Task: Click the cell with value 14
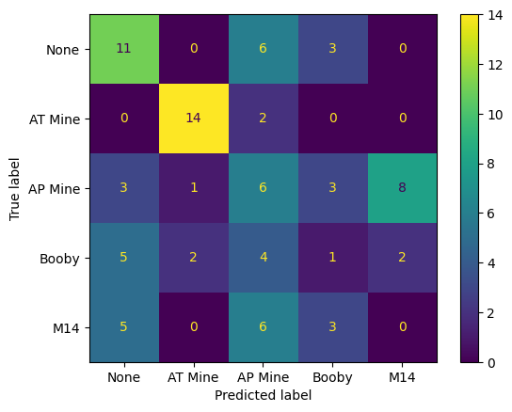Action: point(194,119)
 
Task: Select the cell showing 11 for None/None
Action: point(124,49)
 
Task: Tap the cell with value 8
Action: point(403,188)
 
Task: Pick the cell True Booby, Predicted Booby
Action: point(333,258)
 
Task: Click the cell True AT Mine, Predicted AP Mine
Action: point(264,119)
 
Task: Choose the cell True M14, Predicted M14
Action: point(403,327)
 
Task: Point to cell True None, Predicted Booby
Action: point(333,49)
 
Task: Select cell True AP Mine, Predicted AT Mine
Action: point(194,188)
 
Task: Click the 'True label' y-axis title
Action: point(15,188)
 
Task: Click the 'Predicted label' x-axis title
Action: point(264,396)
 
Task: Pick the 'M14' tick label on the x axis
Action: point(403,377)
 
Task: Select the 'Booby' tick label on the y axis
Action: point(64,258)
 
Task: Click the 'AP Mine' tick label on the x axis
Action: point(264,377)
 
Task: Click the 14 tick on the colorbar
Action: point(499,14)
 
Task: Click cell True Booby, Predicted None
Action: point(124,258)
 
